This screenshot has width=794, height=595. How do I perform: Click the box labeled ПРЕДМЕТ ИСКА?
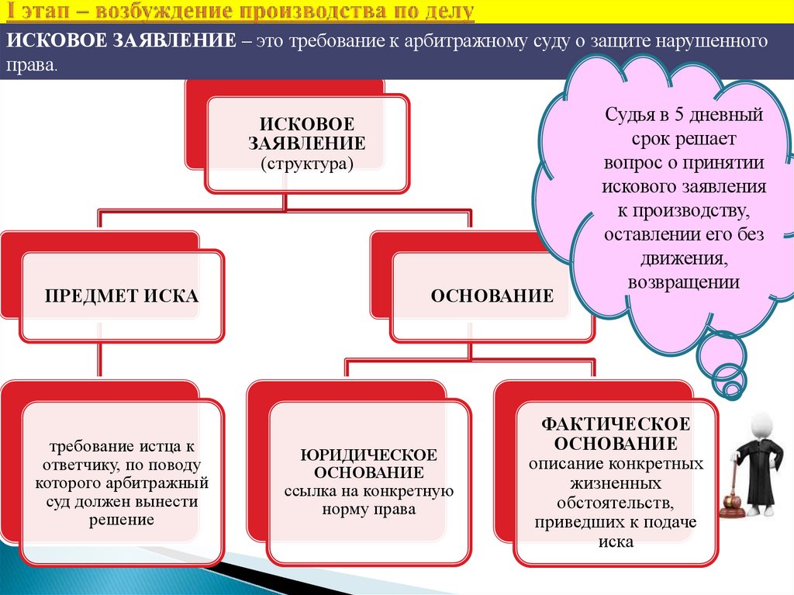pos(121,296)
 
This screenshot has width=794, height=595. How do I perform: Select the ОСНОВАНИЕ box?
pos(492,296)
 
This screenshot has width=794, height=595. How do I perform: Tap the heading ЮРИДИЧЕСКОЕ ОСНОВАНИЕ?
pos(368,463)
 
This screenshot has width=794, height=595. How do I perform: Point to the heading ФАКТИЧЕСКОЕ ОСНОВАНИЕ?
pos(615,434)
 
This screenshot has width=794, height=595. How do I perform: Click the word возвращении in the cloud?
pos(683,282)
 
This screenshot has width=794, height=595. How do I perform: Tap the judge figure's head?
pos(764,423)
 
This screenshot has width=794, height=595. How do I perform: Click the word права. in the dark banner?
pos(32,67)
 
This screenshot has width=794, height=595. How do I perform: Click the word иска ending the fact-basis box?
pos(616,541)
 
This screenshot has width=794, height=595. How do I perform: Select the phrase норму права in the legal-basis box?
pos(368,510)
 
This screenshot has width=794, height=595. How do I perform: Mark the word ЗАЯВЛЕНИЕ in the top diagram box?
pos(306,144)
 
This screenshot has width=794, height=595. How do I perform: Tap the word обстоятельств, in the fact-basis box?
pos(616,503)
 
